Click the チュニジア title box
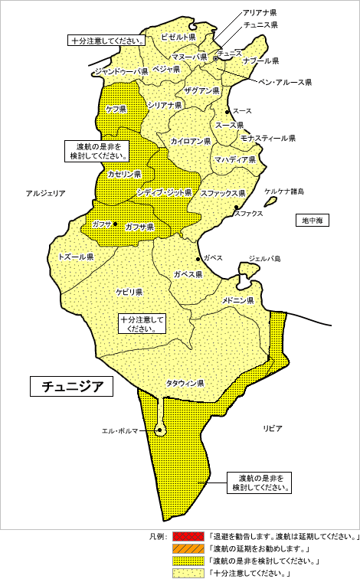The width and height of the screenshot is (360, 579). click(x=71, y=386)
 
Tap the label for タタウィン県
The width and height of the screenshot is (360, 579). click(x=185, y=382)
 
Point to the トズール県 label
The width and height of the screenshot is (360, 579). click(x=75, y=257)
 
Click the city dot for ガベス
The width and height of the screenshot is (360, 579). click(x=198, y=259)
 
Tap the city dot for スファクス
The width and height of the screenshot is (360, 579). click(x=236, y=208)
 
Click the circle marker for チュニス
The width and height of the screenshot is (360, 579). click(x=216, y=58)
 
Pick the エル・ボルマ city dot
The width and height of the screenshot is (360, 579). click(x=159, y=430)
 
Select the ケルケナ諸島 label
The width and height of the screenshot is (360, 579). click(x=284, y=191)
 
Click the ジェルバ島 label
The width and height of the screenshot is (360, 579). click(x=265, y=259)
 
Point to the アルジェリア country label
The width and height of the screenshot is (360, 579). click(x=45, y=194)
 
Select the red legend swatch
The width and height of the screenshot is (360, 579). click(x=188, y=536)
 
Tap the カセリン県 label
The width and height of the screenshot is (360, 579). click(x=124, y=175)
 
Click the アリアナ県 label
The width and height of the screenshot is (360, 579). click(x=260, y=13)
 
